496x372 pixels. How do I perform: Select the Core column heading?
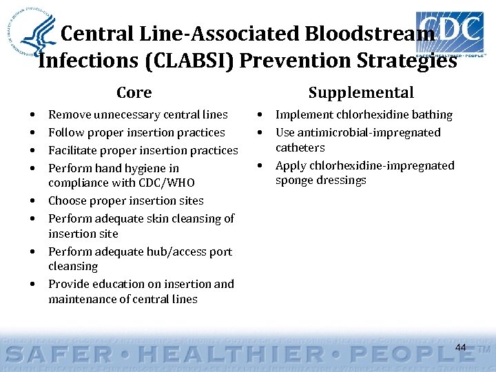coord(134,93)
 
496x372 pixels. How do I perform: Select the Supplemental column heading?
coord(361,93)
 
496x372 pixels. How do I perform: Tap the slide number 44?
coord(461,348)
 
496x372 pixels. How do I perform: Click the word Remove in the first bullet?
coord(67,115)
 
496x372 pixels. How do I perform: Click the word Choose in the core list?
coord(67,201)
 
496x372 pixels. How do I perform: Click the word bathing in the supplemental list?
coord(431,115)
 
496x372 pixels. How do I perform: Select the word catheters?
coord(300,148)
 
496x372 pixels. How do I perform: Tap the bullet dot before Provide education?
coord(33,284)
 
